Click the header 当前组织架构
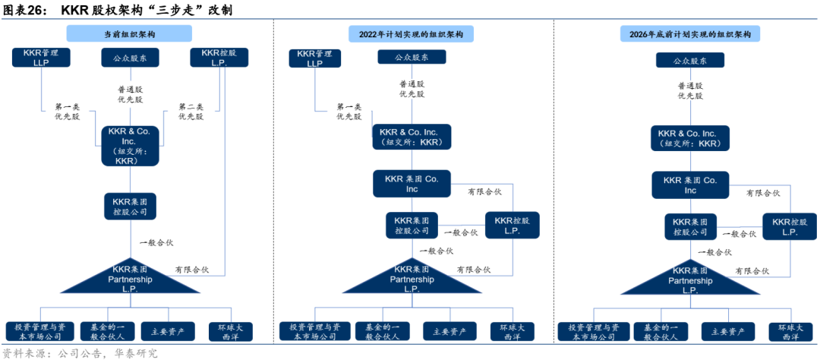(x=129, y=34)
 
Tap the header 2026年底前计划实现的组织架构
(x=690, y=34)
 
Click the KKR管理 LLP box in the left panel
(x=41, y=58)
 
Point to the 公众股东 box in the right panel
(x=691, y=60)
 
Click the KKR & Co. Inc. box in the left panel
(x=130, y=146)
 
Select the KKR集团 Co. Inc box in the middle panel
(x=412, y=184)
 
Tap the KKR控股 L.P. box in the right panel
(x=790, y=226)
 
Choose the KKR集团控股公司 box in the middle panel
(x=412, y=225)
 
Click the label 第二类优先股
(x=191, y=112)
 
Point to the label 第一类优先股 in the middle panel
(x=348, y=112)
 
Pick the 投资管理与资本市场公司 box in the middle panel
(x=311, y=331)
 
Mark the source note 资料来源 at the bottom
(x=23, y=352)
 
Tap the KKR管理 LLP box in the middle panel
(x=314, y=58)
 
